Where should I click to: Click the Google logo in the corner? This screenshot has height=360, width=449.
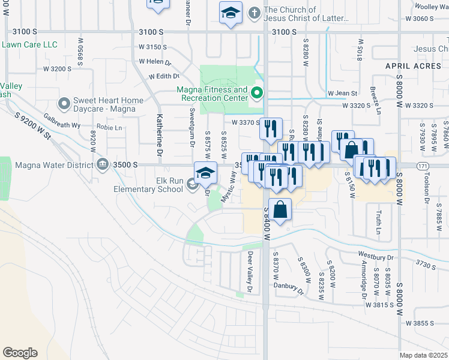coord(20,352)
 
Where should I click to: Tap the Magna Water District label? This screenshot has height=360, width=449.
coord(53,164)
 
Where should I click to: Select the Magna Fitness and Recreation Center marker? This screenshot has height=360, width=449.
coord(256,93)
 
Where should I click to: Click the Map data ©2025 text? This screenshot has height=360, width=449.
coord(424,355)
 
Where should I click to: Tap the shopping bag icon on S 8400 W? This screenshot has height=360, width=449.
coord(280,209)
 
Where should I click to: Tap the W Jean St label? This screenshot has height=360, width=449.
coord(342,93)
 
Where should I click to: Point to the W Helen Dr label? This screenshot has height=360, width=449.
coord(155,61)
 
